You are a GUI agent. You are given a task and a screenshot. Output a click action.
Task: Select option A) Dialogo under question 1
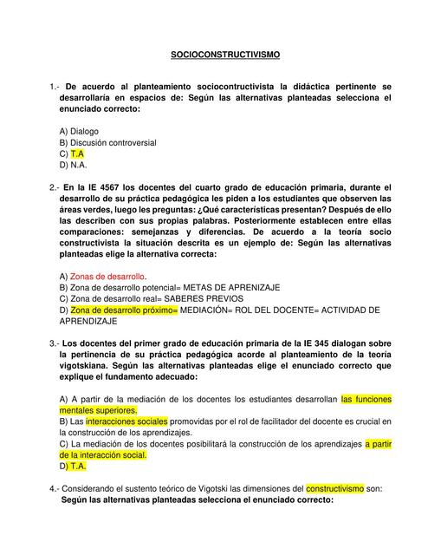pyautogui.click(x=79, y=131)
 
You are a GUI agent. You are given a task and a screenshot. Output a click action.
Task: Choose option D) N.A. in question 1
pyautogui.click(x=74, y=164)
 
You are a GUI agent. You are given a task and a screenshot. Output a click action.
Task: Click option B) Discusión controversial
pyautogui.click(x=107, y=142)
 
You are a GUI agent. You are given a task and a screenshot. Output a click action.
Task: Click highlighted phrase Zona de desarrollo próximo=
pyautogui.click(x=124, y=310)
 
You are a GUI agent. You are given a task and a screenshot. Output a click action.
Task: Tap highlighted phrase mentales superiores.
pyautogui.click(x=98, y=410)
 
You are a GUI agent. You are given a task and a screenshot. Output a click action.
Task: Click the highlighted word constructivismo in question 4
pyautogui.click(x=335, y=488)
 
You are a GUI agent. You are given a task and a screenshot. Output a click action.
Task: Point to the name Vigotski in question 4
pyautogui.click(x=204, y=488)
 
